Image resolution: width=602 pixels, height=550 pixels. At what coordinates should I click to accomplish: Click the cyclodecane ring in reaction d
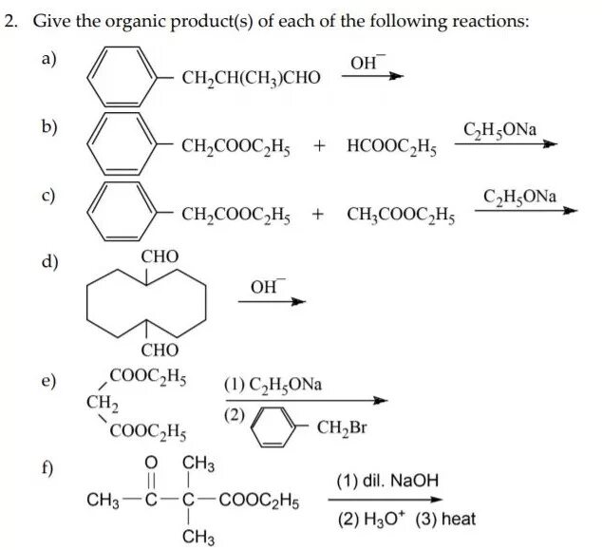pos(147,303)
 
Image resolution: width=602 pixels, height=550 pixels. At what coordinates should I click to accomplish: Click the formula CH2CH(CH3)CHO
pos(251,80)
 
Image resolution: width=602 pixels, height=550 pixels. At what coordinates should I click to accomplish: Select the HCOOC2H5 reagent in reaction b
pos(390,147)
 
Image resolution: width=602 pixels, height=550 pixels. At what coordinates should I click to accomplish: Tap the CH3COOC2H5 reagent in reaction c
pos(400,217)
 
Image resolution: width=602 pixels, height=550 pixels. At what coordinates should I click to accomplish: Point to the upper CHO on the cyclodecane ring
pos(160,257)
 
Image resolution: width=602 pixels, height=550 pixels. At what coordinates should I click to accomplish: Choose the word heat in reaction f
pos(458,520)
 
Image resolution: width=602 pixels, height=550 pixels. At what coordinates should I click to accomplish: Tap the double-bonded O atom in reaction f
pos(150,464)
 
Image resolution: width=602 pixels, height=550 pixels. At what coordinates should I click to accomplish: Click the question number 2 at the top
pos(9,21)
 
